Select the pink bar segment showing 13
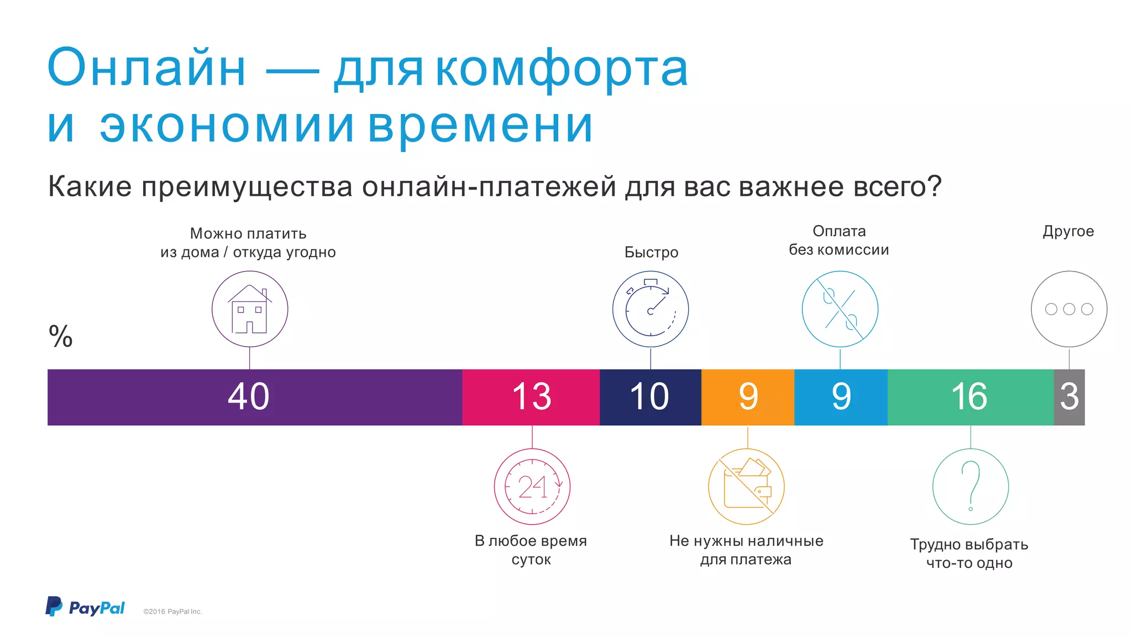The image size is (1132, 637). [531, 397]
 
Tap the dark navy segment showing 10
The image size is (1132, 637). [650, 397]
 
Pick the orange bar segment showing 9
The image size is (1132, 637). [747, 397]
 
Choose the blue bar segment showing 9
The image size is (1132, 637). [841, 397]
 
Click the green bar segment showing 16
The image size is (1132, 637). [970, 397]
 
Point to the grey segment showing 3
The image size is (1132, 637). [1069, 397]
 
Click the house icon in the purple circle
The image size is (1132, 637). [250, 309]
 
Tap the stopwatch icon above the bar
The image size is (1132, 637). [651, 309]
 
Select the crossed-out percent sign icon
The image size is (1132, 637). [840, 309]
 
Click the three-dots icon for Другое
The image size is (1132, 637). [1069, 309]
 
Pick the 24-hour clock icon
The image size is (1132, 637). [532, 487]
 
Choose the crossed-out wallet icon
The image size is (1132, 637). [746, 487]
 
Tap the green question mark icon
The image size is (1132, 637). [971, 487]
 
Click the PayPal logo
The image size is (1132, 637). [85, 607]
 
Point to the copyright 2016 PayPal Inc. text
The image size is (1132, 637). [172, 612]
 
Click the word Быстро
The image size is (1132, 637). [651, 252]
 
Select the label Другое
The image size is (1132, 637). [1068, 231]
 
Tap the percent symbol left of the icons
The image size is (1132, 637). [60, 336]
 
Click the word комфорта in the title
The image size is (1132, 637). [562, 69]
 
